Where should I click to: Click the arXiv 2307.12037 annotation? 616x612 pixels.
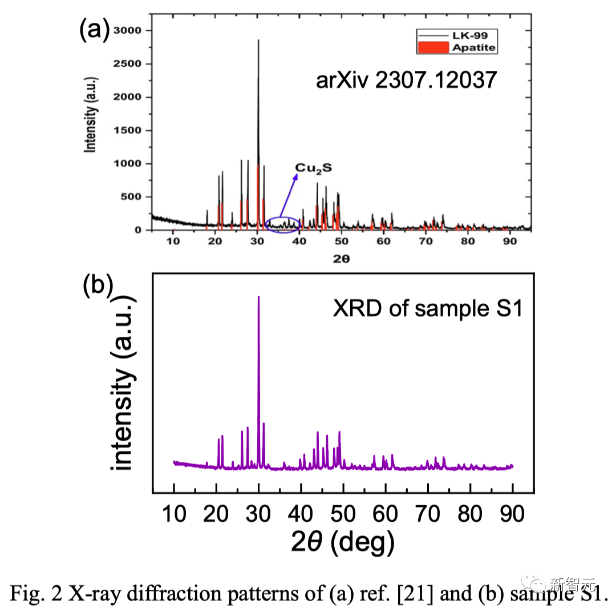click(x=406, y=80)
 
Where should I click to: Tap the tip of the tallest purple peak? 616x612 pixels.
click(x=259, y=297)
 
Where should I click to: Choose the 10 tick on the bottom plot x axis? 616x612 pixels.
click(x=174, y=514)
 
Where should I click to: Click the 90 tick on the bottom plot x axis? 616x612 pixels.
click(x=513, y=514)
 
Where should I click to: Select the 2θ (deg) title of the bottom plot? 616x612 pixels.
click(x=342, y=543)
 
